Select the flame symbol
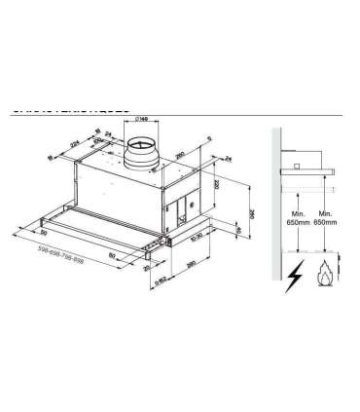pos(322,278)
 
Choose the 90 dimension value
pos(43,234)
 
